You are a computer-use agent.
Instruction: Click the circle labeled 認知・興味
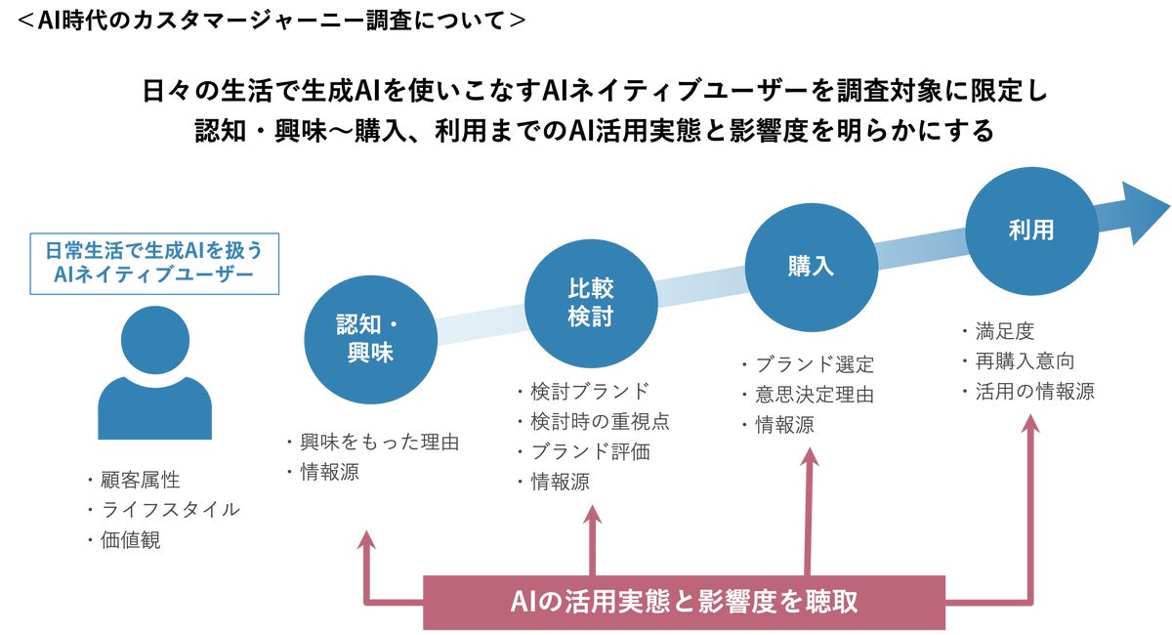click(x=370, y=338)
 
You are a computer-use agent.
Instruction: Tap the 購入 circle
click(x=811, y=266)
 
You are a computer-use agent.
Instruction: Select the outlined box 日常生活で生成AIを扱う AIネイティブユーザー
click(x=154, y=262)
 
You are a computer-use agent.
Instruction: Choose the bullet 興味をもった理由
click(x=378, y=443)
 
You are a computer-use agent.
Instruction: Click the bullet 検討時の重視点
click(x=600, y=421)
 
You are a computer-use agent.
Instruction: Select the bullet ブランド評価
click(x=589, y=451)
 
